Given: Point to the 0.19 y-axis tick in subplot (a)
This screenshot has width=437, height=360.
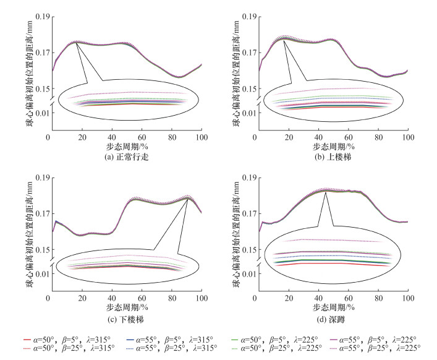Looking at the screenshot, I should [41, 16].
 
